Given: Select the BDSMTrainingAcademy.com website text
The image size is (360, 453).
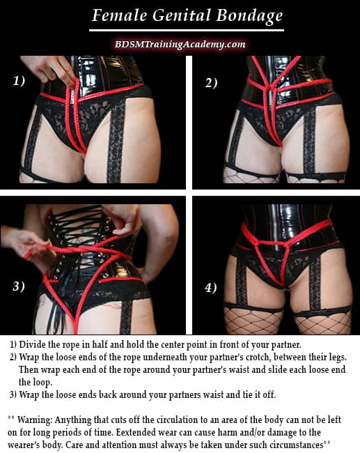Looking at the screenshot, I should click(180, 44).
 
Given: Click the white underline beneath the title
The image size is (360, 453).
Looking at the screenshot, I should click(180, 30).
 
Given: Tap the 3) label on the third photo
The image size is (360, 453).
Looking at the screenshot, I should click(19, 286).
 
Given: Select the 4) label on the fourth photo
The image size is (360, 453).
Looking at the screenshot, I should click(210, 287).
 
